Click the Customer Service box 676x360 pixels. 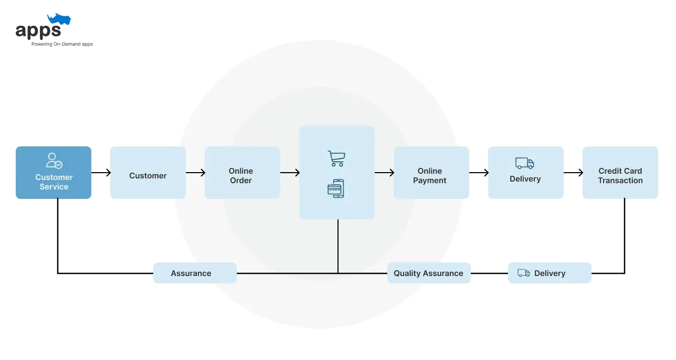click(x=54, y=173)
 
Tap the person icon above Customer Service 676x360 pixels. click(x=54, y=160)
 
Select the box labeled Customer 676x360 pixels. click(x=148, y=173)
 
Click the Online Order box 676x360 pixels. click(x=242, y=173)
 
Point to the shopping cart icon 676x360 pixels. click(x=336, y=158)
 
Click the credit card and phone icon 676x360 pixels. click(x=336, y=188)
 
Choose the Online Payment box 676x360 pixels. click(x=431, y=173)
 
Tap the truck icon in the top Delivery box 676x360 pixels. click(x=524, y=163)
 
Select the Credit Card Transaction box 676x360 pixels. click(x=620, y=173)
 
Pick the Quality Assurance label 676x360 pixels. click(x=429, y=273)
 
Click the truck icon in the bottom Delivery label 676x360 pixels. click(x=523, y=273)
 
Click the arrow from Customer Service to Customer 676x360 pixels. click(x=101, y=173)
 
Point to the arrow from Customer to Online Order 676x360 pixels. click(x=195, y=173)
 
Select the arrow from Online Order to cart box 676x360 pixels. click(x=290, y=173)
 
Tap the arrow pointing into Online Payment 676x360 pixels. click(x=384, y=173)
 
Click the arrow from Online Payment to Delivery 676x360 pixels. click(x=479, y=173)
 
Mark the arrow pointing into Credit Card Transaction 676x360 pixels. click(x=573, y=173)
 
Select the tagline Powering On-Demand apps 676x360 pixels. click(x=62, y=44)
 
